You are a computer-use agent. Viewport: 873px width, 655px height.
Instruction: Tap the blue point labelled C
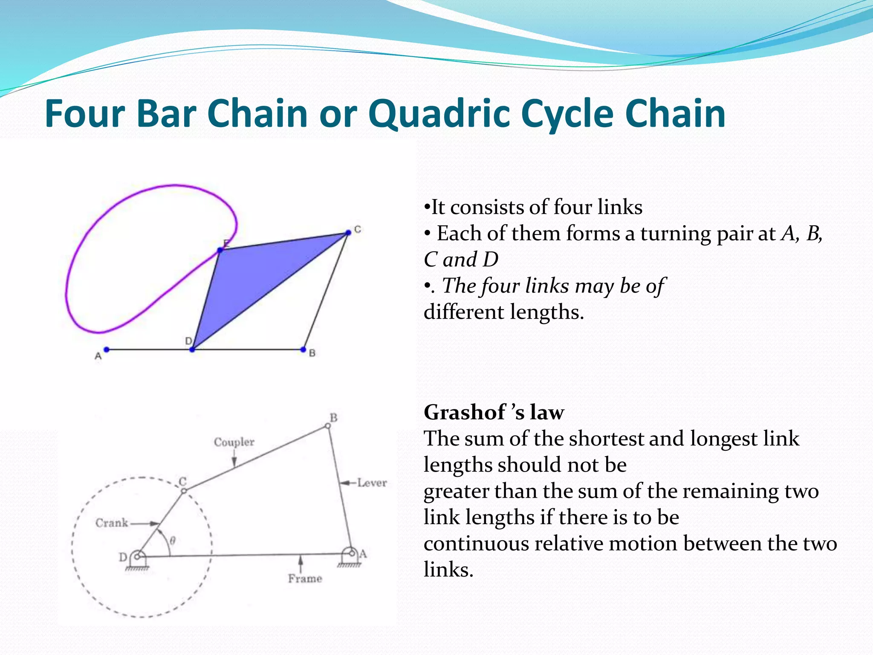tap(348, 232)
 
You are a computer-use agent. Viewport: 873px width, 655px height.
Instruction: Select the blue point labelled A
tap(107, 350)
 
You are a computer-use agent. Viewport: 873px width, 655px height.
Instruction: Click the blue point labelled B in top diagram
tap(303, 350)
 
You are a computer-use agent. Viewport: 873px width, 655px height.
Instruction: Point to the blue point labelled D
tap(192, 350)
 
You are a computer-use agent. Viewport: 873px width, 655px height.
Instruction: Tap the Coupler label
tap(234, 442)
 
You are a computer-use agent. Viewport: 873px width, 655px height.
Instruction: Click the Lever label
tap(372, 483)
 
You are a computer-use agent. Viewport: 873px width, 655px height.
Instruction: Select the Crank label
tap(112, 523)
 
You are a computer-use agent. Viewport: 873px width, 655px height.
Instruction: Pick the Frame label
tap(305, 579)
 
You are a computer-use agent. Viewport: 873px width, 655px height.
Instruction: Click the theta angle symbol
tap(173, 541)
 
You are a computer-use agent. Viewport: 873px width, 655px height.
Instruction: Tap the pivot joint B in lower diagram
tap(328, 426)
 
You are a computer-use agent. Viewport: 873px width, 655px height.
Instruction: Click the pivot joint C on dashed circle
tap(184, 491)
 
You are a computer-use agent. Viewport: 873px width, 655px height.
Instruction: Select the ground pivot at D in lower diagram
tap(138, 556)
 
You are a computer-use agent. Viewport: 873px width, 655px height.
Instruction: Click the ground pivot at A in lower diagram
tap(352, 553)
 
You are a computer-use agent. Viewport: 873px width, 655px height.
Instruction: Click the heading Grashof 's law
tap(494, 412)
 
